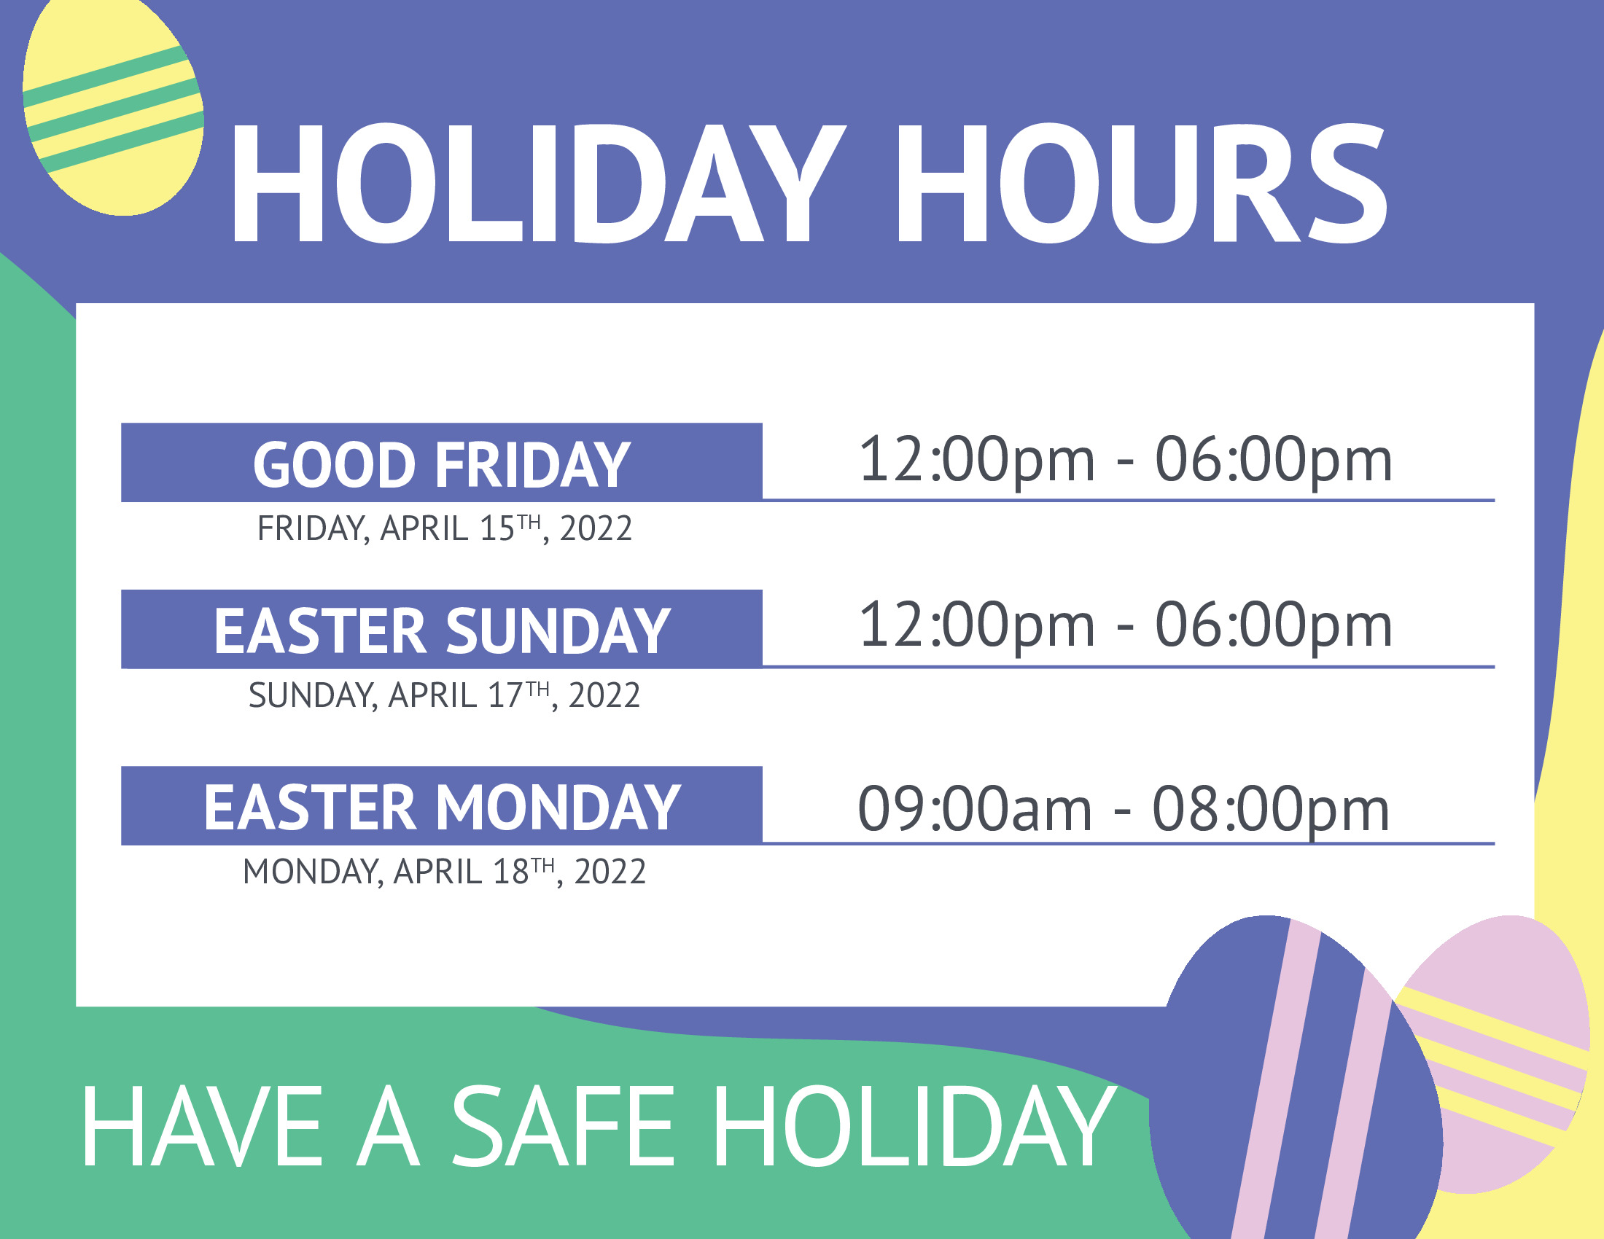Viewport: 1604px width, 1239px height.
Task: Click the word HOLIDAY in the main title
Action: point(539,183)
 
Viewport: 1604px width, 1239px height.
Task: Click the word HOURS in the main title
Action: point(1141,183)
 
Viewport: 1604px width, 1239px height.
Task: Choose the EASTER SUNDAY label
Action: point(441,630)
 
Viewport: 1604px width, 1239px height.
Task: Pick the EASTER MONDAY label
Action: point(441,808)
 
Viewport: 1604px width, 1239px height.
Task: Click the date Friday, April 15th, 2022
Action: point(444,528)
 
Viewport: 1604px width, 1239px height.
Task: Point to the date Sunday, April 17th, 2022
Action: point(444,695)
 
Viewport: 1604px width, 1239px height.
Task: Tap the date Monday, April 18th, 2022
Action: point(444,872)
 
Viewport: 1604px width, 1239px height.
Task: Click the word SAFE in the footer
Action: point(563,1127)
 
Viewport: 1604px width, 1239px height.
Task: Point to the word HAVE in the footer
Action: point(203,1127)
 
